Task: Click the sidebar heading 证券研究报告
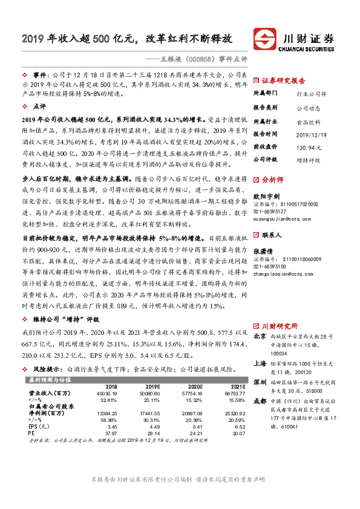click(x=283, y=80)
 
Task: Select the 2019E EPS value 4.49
click(x=154, y=426)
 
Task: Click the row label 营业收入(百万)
click(x=49, y=394)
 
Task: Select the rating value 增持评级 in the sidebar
click(x=309, y=160)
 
